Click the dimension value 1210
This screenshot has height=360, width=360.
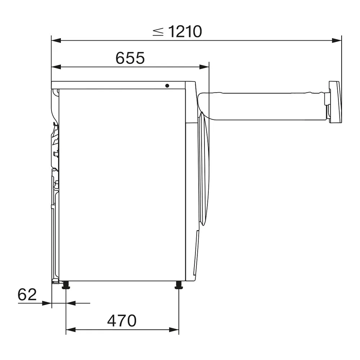point(185,32)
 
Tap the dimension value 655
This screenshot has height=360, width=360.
point(130,58)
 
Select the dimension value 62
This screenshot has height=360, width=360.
point(27,294)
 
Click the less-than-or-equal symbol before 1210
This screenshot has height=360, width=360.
point(158,32)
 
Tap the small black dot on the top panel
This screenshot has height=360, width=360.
point(167,86)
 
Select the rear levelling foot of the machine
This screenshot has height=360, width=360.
point(66,285)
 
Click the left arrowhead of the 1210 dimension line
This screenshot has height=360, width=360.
point(56,41)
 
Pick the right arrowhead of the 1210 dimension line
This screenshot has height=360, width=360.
point(337,41)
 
